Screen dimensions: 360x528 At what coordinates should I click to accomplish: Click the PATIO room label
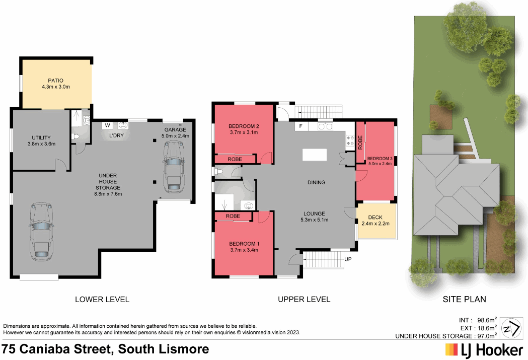click(55, 80)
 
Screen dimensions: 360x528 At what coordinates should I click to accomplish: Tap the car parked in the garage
click(173, 166)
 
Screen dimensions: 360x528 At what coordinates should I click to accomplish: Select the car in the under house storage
click(39, 232)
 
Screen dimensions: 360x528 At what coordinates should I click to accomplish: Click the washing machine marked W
click(107, 125)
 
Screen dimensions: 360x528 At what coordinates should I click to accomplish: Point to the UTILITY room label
click(41, 137)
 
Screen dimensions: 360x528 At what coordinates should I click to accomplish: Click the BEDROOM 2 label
click(244, 126)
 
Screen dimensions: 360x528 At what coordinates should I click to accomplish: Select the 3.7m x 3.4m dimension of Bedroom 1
click(244, 250)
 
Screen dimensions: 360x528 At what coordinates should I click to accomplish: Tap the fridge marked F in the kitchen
click(300, 126)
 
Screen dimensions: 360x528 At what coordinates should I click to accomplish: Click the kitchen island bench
click(314, 155)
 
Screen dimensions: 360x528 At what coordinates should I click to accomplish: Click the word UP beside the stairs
click(347, 259)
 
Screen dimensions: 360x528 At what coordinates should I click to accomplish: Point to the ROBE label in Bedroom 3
click(360, 142)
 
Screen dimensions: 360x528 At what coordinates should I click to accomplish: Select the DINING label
click(316, 182)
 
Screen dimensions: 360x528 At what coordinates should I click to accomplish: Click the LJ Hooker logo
click(484, 349)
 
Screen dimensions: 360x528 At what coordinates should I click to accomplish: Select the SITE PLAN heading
click(464, 299)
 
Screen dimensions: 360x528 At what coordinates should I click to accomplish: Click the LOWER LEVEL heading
click(102, 299)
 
